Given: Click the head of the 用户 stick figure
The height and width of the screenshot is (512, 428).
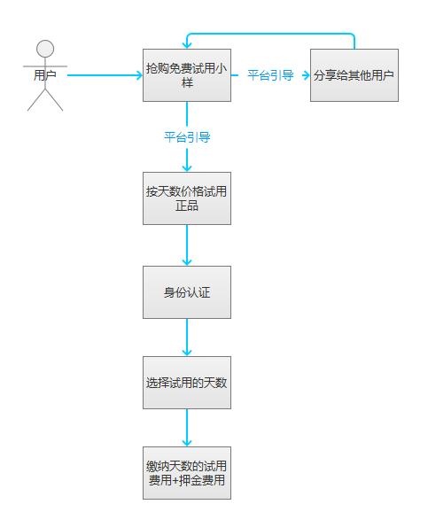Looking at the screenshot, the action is pyautogui.click(x=45, y=49).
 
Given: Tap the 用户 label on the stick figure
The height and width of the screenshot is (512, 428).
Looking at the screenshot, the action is pyautogui.click(x=45, y=75).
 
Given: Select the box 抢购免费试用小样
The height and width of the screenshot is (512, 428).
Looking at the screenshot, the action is pyautogui.click(x=187, y=75).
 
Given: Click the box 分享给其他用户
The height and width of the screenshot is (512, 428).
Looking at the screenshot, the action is pyautogui.click(x=354, y=75).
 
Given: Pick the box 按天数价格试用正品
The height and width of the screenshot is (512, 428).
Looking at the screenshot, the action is pyautogui.click(x=187, y=198).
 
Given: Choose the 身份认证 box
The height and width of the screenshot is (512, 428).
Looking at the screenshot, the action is pyautogui.click(x=187, y=292).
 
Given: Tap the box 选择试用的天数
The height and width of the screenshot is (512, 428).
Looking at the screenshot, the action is pyautogui.click(x=187, y=383).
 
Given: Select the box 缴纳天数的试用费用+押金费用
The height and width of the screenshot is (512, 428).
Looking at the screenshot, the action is pyautogui.click(x=187, y=473).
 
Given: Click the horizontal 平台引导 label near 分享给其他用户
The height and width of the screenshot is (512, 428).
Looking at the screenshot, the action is pyautogui.click(x=270, y=75).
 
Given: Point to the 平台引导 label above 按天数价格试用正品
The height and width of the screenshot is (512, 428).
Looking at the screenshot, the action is pyautogui.click(x=187, y=137).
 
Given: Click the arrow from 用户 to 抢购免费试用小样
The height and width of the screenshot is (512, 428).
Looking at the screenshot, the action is pyautogui.click(x=105, y=75).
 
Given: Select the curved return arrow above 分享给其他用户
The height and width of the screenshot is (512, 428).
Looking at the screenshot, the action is pyautogui.click(x=270, y=34).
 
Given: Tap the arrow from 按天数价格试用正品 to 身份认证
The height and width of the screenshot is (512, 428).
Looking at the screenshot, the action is pyautogui.click(x=187, y=245).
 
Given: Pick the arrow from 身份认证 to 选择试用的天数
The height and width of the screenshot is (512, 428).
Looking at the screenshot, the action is pyautogui.click(x=187, y=337).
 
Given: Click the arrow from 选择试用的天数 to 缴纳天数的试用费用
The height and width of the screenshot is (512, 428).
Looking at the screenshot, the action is pyautogui.click(x=187, y=428).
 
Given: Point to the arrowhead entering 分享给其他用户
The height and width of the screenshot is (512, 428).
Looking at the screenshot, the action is pyautogui.click(x=307, y=75).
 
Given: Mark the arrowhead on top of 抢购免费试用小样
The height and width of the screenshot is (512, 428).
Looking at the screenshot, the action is pyautogui.click(x=187, y=45).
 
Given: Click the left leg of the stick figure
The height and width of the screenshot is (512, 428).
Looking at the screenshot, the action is pyautogui.click(x=36, y=100).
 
